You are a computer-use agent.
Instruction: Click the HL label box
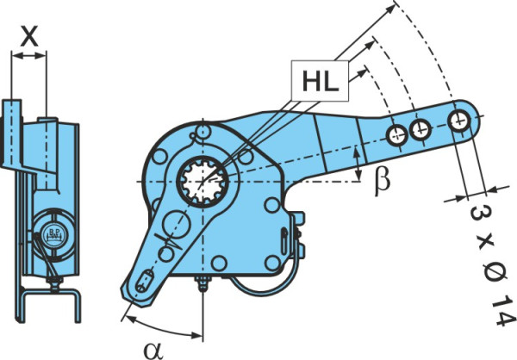[320, 81]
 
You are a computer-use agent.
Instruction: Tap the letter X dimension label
[29, 36]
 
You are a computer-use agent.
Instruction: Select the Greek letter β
[382, 182]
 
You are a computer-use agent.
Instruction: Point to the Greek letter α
[153, 351]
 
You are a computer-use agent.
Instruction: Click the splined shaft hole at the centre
[202, 182]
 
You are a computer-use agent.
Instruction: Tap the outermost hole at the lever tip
[458, 121]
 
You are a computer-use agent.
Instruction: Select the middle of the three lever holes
[420, 129]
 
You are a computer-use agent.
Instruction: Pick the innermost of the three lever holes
[397, 135]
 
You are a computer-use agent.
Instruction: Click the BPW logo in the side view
[55, 235]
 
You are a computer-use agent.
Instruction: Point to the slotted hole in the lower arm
[145, 281]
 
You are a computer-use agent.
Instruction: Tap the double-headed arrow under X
[29, 56]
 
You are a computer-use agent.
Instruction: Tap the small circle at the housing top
[202, 131]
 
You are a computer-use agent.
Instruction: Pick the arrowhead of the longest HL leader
[390, 8]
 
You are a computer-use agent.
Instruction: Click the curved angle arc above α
[163, 330]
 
